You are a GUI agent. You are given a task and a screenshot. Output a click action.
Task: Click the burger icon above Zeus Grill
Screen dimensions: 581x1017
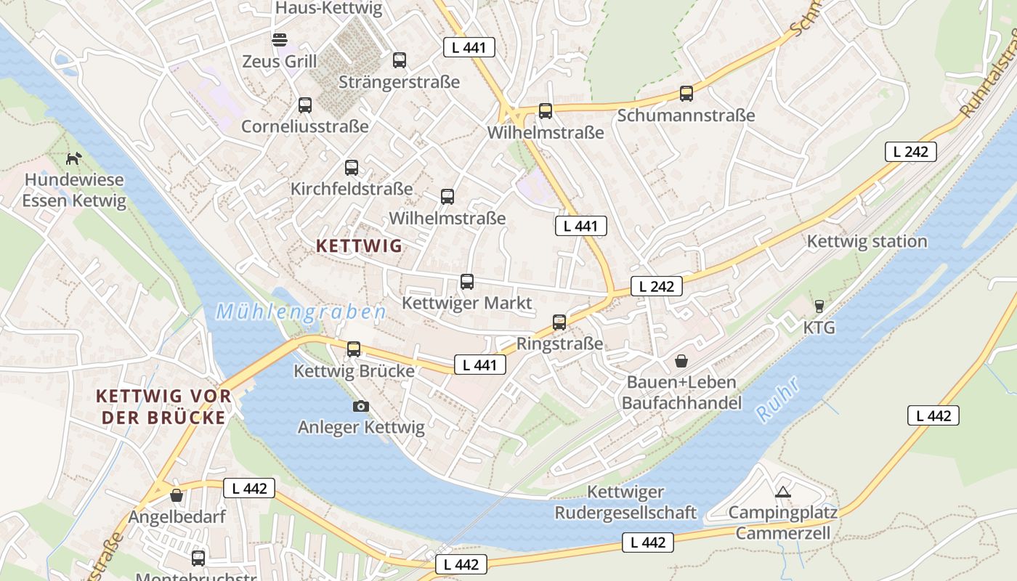click(x=280, y=39)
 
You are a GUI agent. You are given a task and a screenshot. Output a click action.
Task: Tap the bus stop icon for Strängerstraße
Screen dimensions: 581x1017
click(x=400, y=60)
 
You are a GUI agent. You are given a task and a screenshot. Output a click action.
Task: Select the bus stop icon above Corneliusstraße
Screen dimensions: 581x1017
click(x=305, y=105)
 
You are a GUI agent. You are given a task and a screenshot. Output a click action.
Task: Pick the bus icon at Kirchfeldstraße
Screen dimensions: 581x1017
click(x=352, y=168)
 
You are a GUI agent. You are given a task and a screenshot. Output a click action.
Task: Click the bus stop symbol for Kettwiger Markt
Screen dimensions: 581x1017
click(x=467, y=282)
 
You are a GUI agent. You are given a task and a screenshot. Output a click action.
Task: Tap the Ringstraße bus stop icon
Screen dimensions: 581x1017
click(x=559, y=322)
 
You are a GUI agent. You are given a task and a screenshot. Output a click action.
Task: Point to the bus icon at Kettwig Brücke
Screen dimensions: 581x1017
click(x=354, y=349)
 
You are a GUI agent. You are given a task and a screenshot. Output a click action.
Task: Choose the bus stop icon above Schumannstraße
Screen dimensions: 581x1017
click(x=686, y=94)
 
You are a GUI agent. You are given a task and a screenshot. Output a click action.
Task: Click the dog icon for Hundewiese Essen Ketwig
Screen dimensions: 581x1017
click(x=73, y=158)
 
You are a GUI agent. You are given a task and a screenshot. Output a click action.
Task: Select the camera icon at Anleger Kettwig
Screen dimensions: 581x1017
click(x=361, y=406)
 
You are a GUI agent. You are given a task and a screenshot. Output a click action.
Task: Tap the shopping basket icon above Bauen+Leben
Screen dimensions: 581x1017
click(x=681, y=361)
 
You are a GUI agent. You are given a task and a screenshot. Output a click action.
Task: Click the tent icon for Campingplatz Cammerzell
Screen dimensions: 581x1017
click(x=782, y=492)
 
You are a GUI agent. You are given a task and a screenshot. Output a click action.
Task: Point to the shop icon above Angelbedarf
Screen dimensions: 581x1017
click(x=177, y=496)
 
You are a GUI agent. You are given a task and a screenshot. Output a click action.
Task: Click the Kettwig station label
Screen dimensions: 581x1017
click(x=867, y=241)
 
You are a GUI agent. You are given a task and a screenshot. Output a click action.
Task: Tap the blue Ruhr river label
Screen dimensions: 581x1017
click(x=778, y=399)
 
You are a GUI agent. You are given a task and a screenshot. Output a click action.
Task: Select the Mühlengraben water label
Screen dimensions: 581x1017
click(x=301, y=312)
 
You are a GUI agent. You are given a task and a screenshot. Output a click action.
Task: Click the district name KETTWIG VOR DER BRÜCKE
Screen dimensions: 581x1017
click(x=163, y=407)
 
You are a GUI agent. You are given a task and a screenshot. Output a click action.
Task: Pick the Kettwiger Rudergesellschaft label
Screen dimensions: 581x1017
click(x=625, y=503)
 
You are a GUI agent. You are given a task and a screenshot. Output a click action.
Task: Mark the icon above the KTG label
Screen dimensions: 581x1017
click(x=819, y=306)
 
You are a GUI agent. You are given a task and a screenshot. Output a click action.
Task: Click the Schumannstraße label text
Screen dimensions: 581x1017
click(x=686, y=115)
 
